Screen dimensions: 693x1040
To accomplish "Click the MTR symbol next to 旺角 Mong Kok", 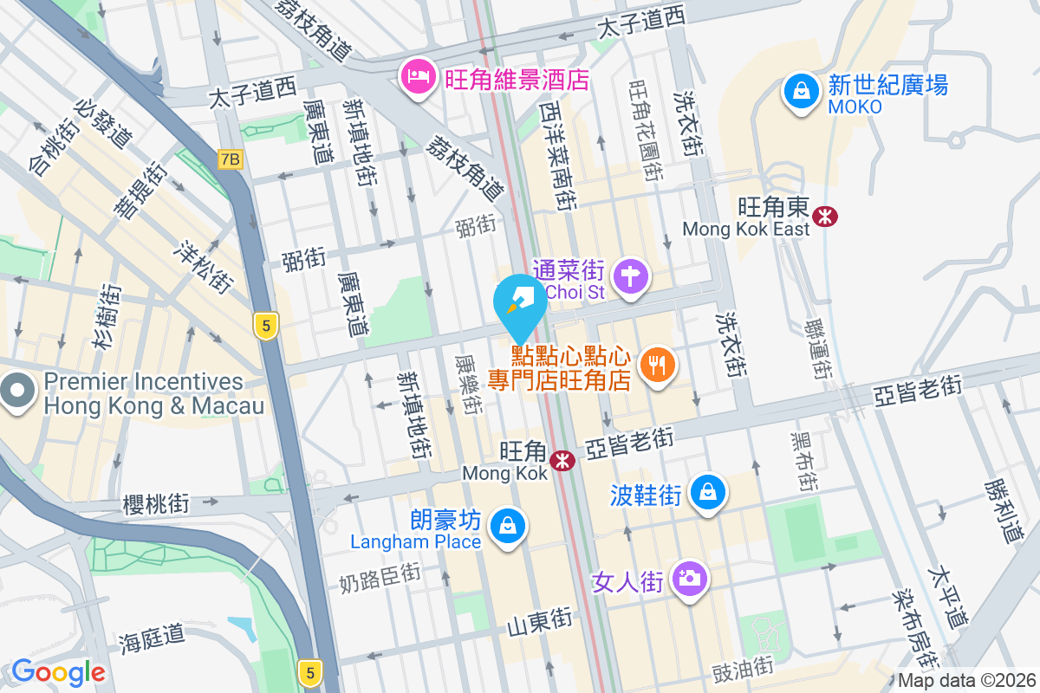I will (563, 460).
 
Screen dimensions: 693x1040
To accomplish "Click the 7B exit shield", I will (230, 159).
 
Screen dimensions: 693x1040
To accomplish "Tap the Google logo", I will (58, 671).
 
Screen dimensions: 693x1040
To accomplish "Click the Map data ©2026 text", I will (965, 681).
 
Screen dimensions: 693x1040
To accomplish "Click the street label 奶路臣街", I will (380, 573).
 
